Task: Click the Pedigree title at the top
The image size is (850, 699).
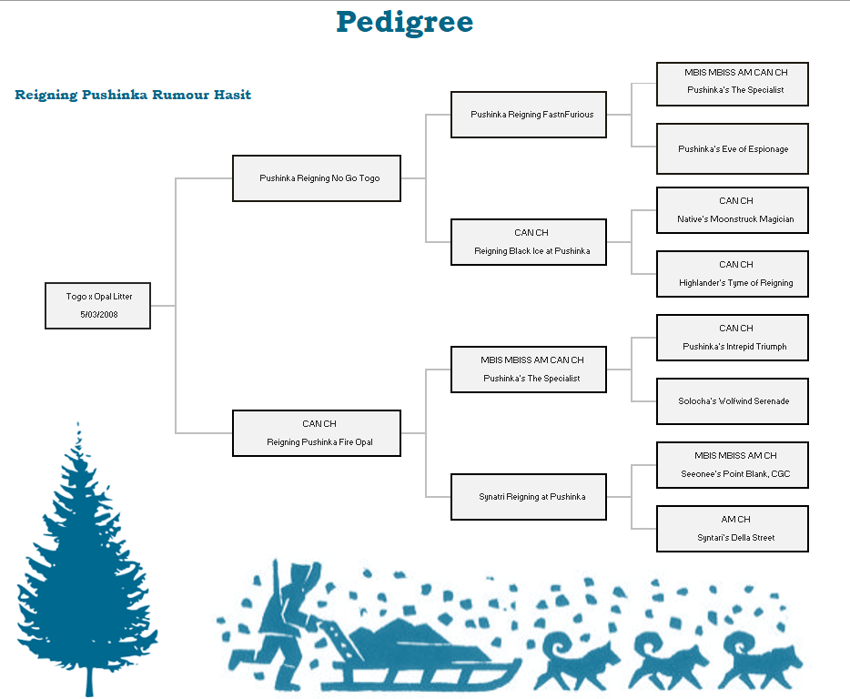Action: click(405, 21)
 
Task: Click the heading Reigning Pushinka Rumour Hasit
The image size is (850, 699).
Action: click(133, 95)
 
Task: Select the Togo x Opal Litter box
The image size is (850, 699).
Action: click(98, 305)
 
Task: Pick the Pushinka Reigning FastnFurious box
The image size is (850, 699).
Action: click(529, 115)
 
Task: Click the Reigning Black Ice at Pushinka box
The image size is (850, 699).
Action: click(529, 242)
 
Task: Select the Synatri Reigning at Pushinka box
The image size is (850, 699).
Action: click(529, 497)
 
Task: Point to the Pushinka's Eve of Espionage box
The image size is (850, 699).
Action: click(733, 148)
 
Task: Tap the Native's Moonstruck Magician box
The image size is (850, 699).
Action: click(733, 210)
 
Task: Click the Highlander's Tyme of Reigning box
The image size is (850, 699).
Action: click(733, 274)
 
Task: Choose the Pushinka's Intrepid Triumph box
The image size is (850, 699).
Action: click(733, 338)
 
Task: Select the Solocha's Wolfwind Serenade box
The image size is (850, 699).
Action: click(733, 401)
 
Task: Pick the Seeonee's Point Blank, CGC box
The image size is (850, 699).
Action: click(733, 465)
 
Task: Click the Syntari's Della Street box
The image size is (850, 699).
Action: click(733, 529)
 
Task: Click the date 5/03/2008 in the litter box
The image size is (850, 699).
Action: click(98, 315)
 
